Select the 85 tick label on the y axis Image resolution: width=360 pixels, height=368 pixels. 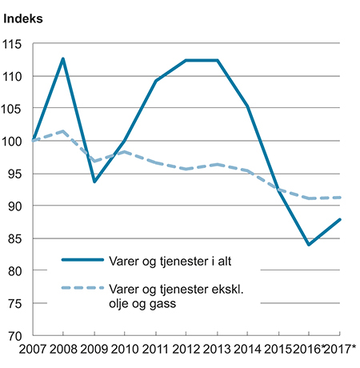(17, 239)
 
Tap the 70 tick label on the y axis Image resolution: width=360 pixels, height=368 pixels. (17, 336)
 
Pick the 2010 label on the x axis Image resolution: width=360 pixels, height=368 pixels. (125, 350)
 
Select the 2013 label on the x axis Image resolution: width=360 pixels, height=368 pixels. (217, 350)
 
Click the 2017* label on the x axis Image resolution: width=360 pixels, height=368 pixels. (342, 350)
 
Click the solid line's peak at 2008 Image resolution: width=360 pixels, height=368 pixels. (63, 58)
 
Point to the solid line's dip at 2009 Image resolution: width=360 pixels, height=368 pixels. (94, 182)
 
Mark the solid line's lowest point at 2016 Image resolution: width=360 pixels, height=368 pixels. (309, 245)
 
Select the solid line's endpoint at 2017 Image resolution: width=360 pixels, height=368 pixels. (339, 219)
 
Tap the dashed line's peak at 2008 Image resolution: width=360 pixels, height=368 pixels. (63, 131)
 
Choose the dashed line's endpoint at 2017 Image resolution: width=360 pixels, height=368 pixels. (339, 198)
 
